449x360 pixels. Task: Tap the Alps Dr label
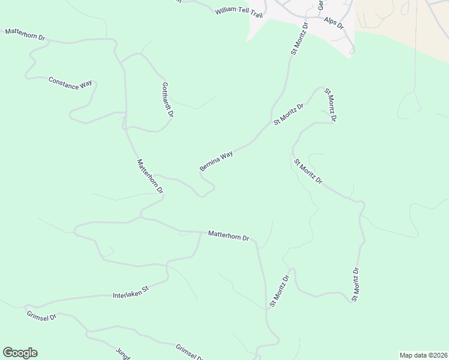tap(333, 23)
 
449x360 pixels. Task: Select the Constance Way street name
tap(71, 83)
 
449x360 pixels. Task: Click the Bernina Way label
tap(216, 161)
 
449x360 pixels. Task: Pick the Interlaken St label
tap(130, 295)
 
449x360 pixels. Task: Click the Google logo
tap(20, 353)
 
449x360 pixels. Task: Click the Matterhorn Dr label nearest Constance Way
tap(25, 34)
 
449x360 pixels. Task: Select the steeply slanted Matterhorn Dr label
tap(149, 176)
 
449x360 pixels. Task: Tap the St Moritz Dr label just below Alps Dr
tap(299, 40)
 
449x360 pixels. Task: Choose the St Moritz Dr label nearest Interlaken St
tap(279, 291)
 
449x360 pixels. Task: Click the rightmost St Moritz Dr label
tap(356, 284)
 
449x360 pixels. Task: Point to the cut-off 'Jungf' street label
tap(123, 353)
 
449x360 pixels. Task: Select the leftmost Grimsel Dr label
tap(41, 315)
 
